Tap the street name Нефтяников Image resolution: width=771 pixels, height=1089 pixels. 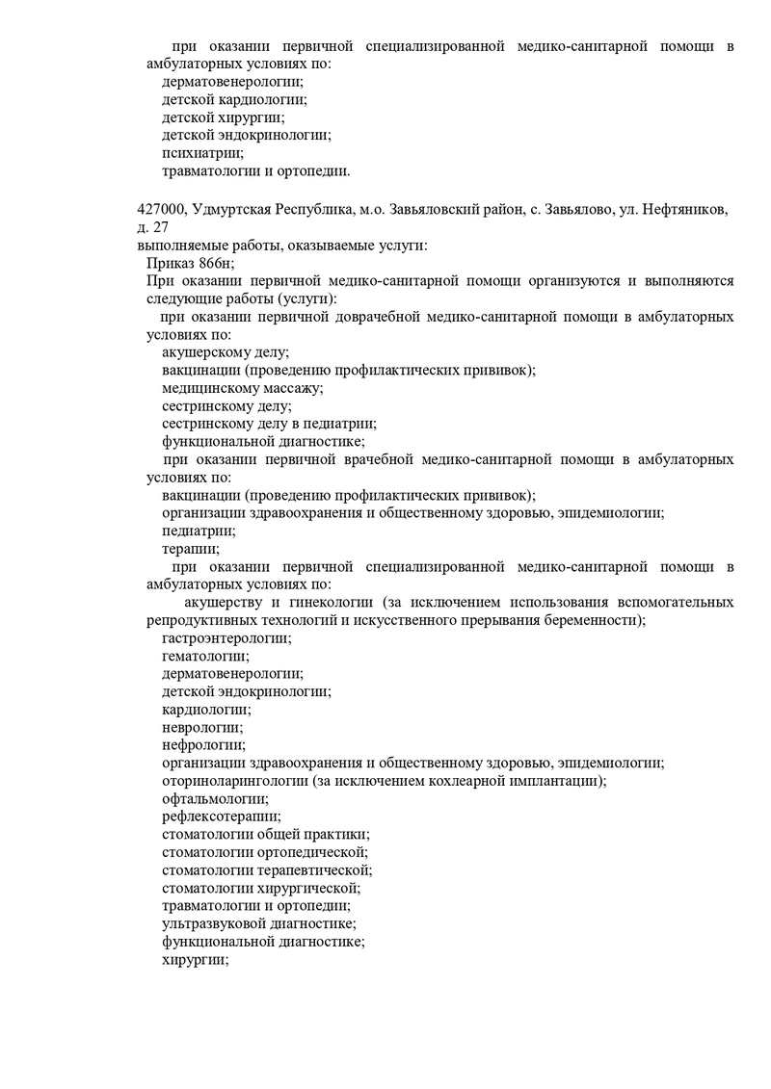click(688, 210)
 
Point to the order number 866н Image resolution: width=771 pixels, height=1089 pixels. click(216, 263)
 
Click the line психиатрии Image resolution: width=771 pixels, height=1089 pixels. click(202, 153)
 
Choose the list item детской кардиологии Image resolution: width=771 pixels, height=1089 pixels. click(233, 99)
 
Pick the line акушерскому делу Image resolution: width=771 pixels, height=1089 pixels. click(226, 353)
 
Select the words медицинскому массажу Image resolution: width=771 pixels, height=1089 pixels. click(242, 389)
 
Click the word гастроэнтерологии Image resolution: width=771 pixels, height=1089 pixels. click(226, 638)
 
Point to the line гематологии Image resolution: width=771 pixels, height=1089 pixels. click(205, 656)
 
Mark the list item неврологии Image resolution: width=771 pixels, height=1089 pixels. click(202, 727)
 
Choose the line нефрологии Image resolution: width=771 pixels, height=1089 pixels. click(203, 745)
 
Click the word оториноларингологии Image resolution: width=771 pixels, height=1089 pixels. click(235, 781)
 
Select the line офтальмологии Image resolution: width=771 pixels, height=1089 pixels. click(215, 798)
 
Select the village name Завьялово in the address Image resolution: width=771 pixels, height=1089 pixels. click(575, 210)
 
